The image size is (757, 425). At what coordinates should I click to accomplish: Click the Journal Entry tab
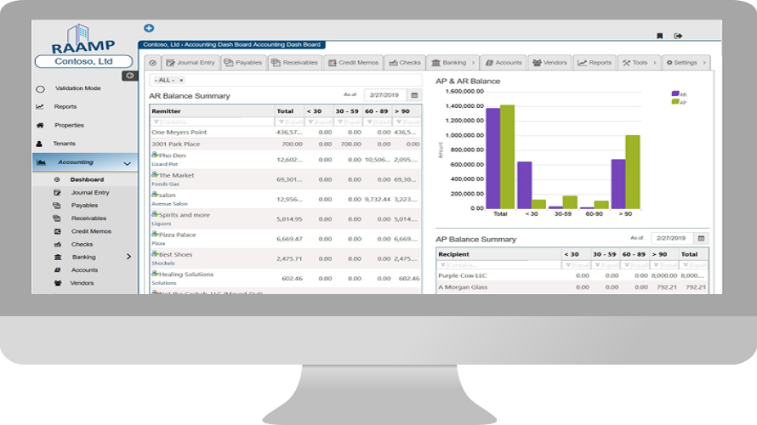190,62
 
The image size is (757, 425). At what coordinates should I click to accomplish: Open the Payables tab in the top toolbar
243,62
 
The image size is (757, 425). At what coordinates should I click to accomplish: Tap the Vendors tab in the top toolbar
549,62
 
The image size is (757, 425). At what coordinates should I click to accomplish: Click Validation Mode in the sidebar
77,88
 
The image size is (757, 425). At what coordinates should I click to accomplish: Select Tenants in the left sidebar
64,144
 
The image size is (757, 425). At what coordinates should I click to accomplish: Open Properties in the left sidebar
69,125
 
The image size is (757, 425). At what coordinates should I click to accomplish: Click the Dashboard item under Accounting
87,179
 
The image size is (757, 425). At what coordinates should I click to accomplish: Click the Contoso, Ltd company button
83,62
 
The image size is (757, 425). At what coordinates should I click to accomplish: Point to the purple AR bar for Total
492,157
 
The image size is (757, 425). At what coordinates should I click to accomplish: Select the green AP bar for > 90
632,171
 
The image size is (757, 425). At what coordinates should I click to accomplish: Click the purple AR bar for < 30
525,184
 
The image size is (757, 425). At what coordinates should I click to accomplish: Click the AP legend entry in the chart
680,101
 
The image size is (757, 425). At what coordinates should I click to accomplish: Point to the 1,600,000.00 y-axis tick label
464,91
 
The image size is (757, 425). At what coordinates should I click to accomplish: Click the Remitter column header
167,111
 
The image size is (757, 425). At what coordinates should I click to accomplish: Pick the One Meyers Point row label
179,132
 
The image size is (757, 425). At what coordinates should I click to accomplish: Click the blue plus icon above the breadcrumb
150,28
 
